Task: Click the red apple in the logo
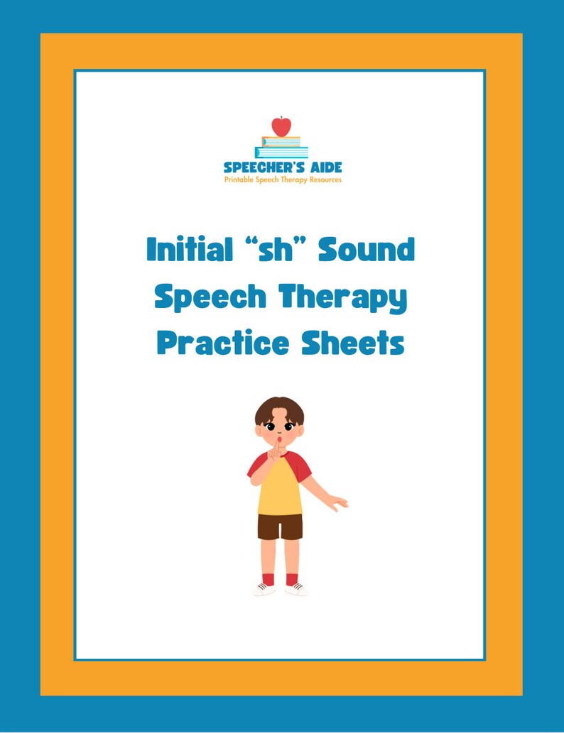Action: (281, 126)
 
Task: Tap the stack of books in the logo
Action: (281, 148)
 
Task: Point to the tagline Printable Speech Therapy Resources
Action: (283, 180)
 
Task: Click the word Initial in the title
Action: (187, 250)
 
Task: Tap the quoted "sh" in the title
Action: (276, 250)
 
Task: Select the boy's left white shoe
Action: (296, 588)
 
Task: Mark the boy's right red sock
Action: (268, 578)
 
